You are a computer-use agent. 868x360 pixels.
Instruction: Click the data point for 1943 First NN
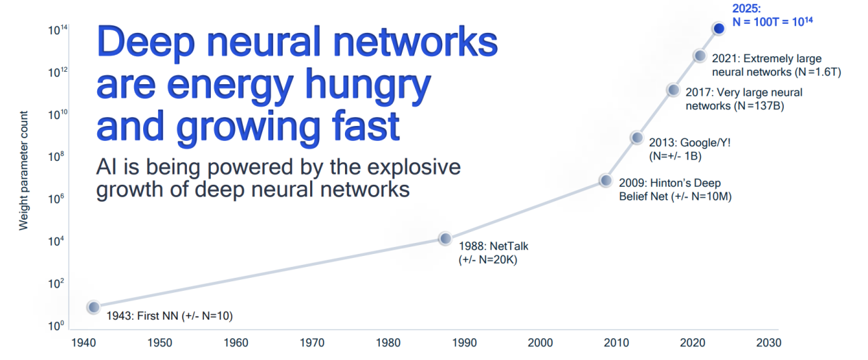[93, 307]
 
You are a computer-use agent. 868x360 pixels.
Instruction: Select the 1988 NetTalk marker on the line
[445, 238]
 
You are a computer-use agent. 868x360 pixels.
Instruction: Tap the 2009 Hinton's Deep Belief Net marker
[605, 180]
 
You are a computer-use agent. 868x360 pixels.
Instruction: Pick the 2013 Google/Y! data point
[637, 138]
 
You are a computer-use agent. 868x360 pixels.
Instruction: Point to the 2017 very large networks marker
[674, 90]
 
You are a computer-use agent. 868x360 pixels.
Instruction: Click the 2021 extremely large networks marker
[700, 56]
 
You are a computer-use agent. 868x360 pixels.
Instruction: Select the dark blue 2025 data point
[719, 28]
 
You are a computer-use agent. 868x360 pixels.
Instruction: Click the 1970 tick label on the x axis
[312, 343]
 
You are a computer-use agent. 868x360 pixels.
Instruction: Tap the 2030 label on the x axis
[769, 343]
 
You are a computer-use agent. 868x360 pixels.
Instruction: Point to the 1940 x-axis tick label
[84, 343]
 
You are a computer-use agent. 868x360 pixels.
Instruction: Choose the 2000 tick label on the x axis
[540, 343]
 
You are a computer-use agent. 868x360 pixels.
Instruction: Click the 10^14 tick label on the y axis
[58, 30]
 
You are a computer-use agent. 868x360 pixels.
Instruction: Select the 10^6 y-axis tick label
[58, 198]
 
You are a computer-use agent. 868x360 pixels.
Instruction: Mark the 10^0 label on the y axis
[56, 326]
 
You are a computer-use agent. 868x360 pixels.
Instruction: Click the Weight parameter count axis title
[24, 170]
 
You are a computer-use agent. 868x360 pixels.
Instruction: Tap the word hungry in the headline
[368, 84]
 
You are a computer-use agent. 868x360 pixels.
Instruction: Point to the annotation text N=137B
[759, 106]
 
